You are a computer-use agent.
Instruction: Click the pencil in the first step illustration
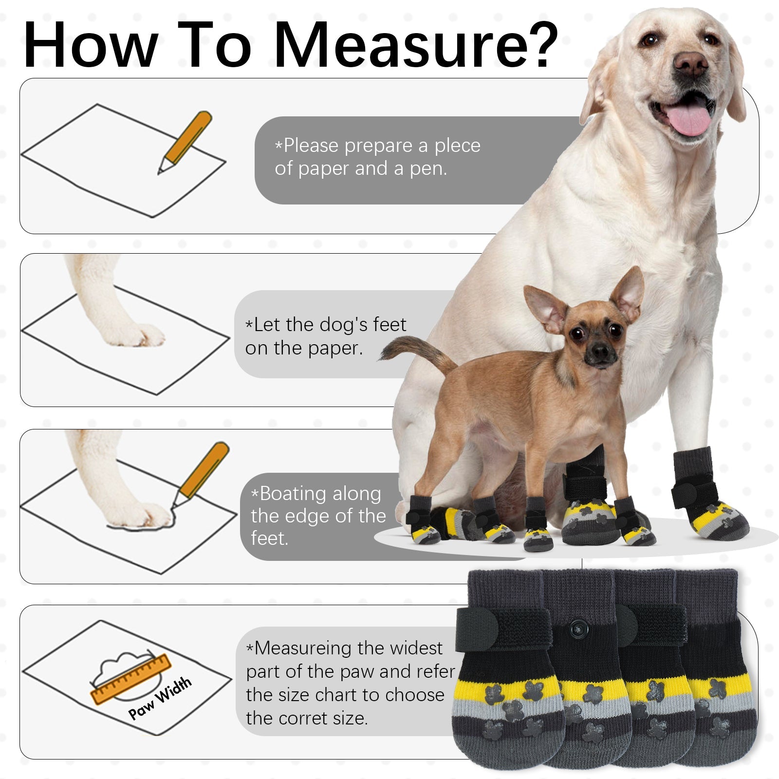tap(185, 142)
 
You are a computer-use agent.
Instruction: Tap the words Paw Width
tap(160, 698)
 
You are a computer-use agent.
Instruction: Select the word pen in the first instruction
tap(427, 169)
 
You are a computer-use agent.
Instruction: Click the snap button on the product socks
tap(579, 629)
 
